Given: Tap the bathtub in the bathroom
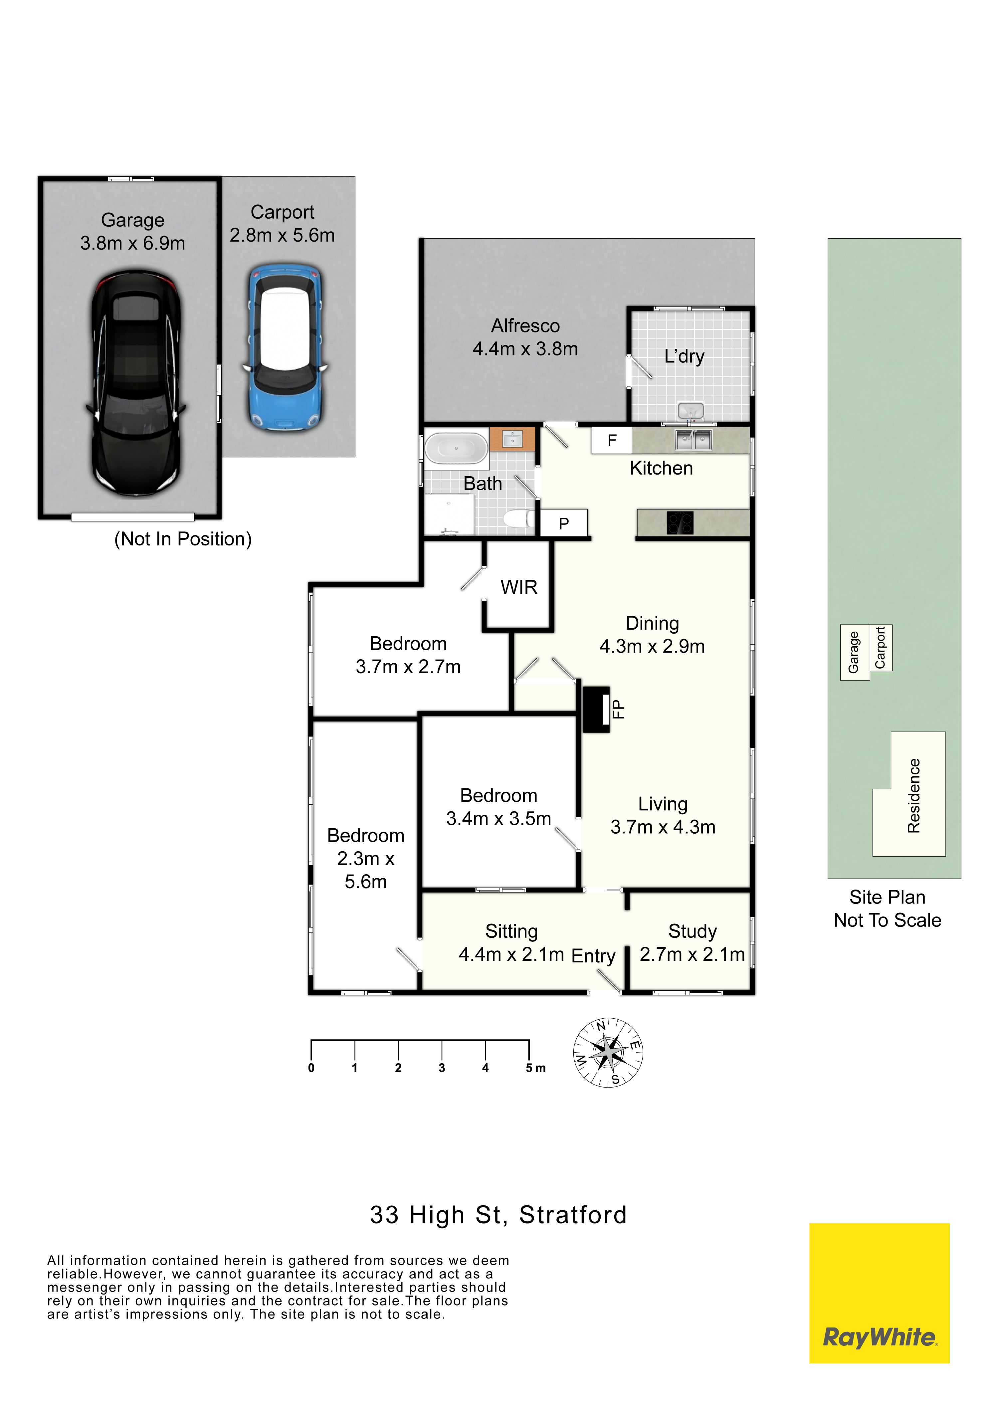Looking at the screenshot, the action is click(x=456, y=448).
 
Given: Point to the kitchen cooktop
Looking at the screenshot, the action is click(x=680, y=523).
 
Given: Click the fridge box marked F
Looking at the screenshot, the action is click(x=612, y=440).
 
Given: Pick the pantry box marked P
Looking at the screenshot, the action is click(x=564, y=523).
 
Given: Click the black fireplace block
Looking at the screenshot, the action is click(x=596, y=709).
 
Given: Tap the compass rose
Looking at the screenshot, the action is click(x=608, y=1052).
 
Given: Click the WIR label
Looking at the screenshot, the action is click(x=519, y=587).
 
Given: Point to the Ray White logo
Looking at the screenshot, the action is click(x=879, y=1293).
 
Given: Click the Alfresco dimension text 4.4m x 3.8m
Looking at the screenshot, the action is click(x=525, y=349).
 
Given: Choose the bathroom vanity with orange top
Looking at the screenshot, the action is click(x=512, y=439).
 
